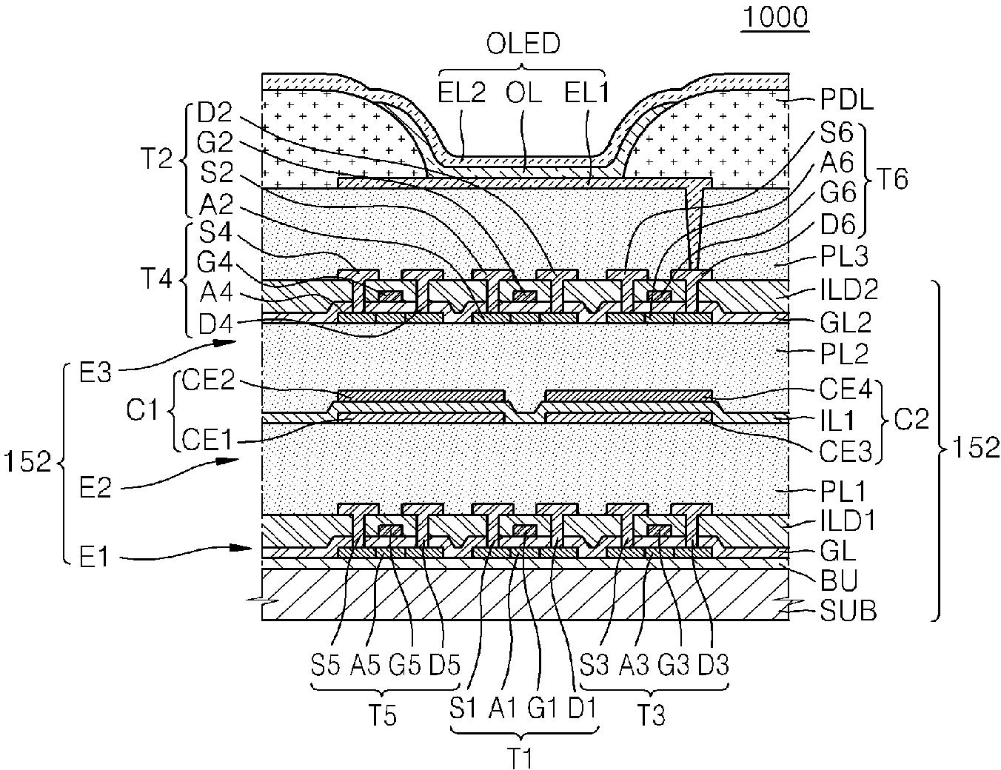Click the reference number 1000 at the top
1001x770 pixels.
776,18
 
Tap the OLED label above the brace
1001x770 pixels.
523,44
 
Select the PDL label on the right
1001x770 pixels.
847,101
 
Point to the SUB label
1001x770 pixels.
848,611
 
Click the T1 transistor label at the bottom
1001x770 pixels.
522,757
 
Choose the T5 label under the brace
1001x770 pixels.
382,716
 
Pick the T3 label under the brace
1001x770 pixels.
652,716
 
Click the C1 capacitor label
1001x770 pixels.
142,409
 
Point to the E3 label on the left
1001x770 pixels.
96,372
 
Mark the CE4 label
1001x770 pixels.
846,389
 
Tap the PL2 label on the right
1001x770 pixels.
844,354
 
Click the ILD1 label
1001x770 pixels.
848,520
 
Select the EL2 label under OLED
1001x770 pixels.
461,93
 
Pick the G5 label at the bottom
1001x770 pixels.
405,665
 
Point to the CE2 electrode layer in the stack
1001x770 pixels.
420,395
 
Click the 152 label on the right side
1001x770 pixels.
976,447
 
